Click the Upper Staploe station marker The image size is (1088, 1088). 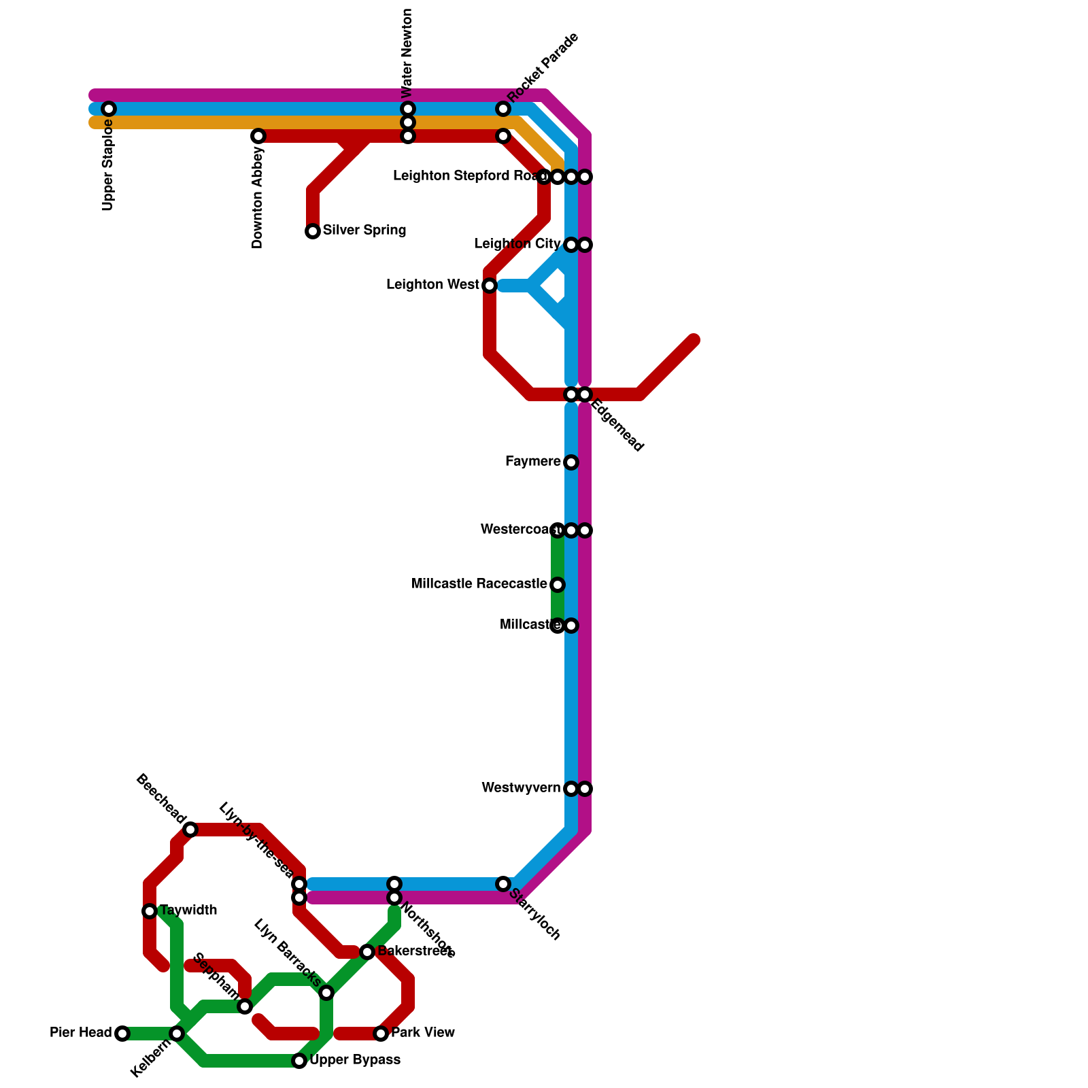109,109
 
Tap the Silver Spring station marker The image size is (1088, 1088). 313,231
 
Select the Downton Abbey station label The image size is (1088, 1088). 258,197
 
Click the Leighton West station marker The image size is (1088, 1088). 490,286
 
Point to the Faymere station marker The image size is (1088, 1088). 571,462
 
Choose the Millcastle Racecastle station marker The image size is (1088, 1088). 558,585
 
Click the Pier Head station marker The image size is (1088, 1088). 122,1034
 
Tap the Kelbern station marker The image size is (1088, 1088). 177,1034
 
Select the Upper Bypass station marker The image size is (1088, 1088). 299,1061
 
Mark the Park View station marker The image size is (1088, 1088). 381,1034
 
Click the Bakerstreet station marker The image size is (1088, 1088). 367,952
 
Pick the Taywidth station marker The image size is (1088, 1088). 150,911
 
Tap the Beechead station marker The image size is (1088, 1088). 190,830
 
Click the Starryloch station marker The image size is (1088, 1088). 503,884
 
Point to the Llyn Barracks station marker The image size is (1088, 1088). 326,993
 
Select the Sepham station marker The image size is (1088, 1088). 245,1006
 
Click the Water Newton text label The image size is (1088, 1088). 407,53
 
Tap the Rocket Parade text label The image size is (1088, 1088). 543,67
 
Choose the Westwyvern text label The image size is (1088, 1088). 521,788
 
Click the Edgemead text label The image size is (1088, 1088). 617,426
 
